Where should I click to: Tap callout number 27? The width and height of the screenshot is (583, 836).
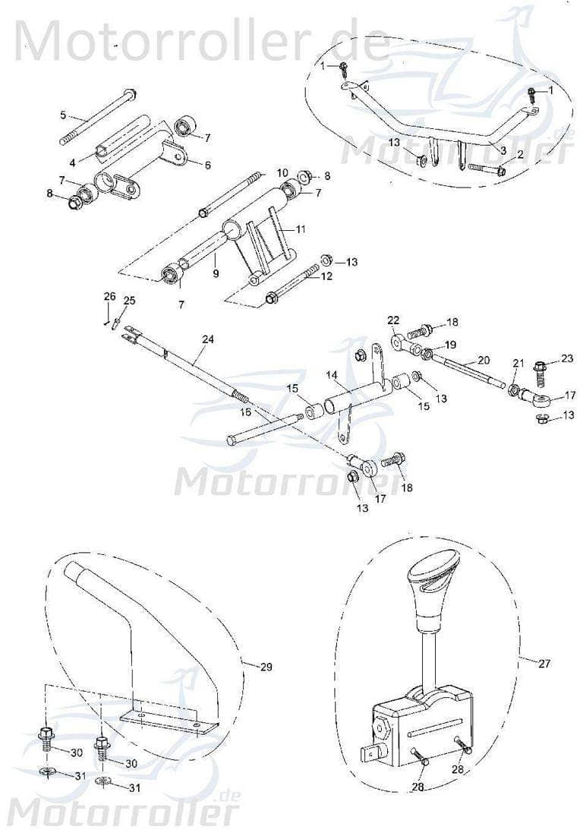pyautogui.click(x=544, y=663)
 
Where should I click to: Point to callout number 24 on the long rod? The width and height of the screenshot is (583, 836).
pyautogui.click(x=208, y=339)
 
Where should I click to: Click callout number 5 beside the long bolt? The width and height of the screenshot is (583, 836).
pyautogui.click(x=64, y=115)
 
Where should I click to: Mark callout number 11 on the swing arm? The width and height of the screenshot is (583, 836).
pyautogui.click(x=301, y=228)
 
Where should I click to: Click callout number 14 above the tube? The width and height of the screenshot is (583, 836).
pyautogui.click(x=331, y=374)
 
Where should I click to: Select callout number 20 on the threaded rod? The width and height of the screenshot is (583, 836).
pyautogui.click(x=484, y=360)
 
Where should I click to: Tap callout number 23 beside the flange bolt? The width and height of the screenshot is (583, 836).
pyautogui.click(x=567, y=358)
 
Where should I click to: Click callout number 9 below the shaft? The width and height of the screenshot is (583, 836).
pyautogui.click(x=216, y=273)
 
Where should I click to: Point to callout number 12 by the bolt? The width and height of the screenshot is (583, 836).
pyautogui.click(x=326, y=276)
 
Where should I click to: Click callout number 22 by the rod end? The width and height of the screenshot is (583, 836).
pyautogui.click(x=393, y=319)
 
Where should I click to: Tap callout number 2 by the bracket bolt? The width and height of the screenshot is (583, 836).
pyautogui.click(x=521, y=154)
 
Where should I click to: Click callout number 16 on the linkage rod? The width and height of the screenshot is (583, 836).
pyautogui.click(x=245, y=411)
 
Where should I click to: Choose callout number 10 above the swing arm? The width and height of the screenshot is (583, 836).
pyautogui.click(x=282, y=172)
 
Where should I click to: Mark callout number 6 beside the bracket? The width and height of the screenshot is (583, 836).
pyautogui.click(x=206, y=164)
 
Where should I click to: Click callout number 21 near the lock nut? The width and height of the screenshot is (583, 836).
pyautogui.click(x=517, y=364)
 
